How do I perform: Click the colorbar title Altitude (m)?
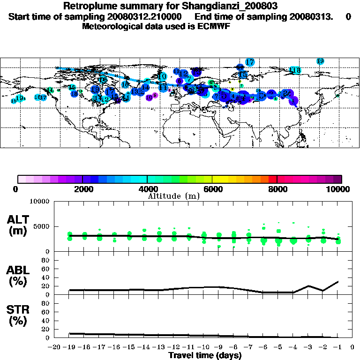[x=174, y=196]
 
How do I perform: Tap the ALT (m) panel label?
[x=20, y=225]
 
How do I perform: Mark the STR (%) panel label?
[x=20, y=315]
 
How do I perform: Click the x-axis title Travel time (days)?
[x=205, y=356]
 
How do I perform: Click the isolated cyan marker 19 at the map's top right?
[x=320, y=61]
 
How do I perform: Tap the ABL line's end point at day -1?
[x=338, y=281]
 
